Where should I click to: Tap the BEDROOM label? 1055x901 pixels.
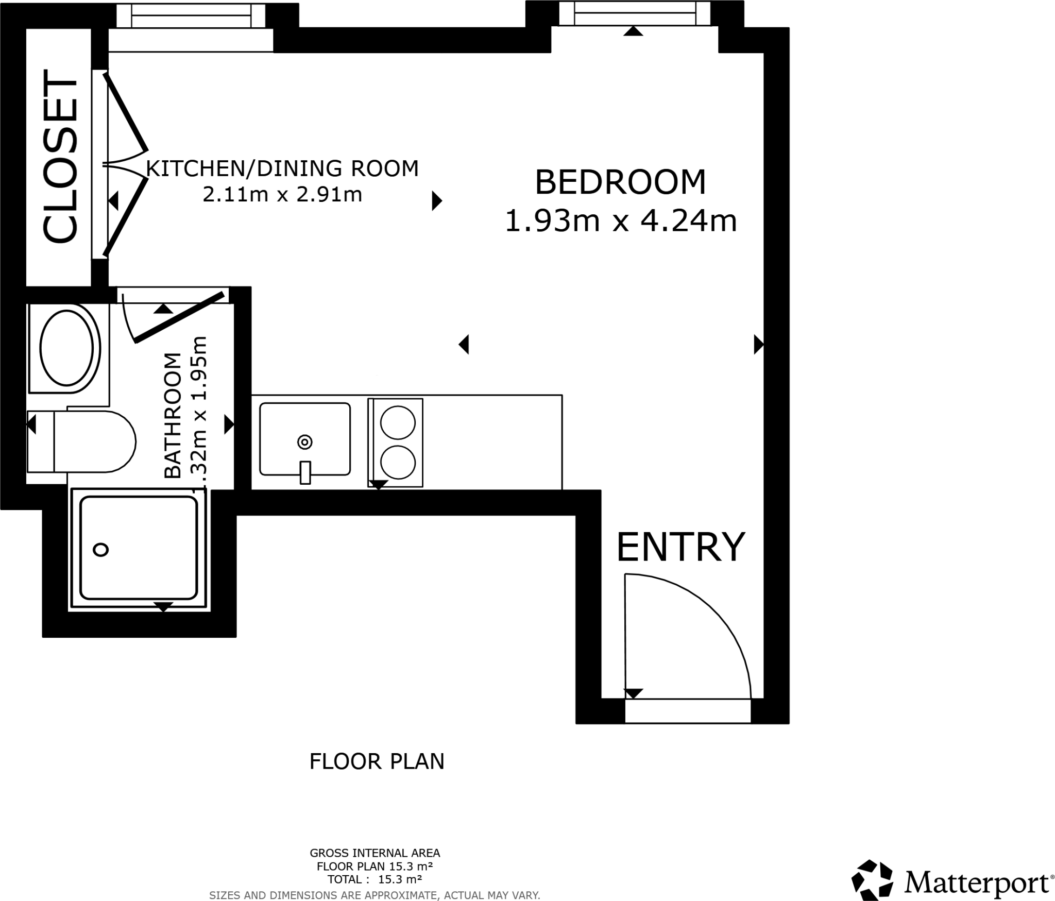(x=620, y=182)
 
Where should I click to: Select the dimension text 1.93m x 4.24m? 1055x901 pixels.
(x=620, y=221)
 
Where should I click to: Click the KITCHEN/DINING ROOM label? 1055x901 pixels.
(x=282, y=169)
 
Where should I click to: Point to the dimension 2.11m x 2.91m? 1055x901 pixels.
(x=282, y=195)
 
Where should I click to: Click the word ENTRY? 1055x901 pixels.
(x=680, y=547)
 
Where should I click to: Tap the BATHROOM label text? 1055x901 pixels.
(x=173, y=415)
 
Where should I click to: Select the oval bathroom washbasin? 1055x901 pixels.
(x=67, y=348)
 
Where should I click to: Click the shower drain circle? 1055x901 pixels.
(x=100, y=550)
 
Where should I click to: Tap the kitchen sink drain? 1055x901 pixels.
(x=305, y=441)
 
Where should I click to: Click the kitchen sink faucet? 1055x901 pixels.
(x=305, y=472)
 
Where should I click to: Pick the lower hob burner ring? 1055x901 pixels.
(x=398, y=462)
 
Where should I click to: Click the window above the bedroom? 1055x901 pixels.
(x=634, y=13)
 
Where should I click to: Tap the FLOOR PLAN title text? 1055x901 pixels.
(x=377, y=761)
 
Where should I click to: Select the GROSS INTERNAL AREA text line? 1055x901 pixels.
(x=375, y=853)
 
